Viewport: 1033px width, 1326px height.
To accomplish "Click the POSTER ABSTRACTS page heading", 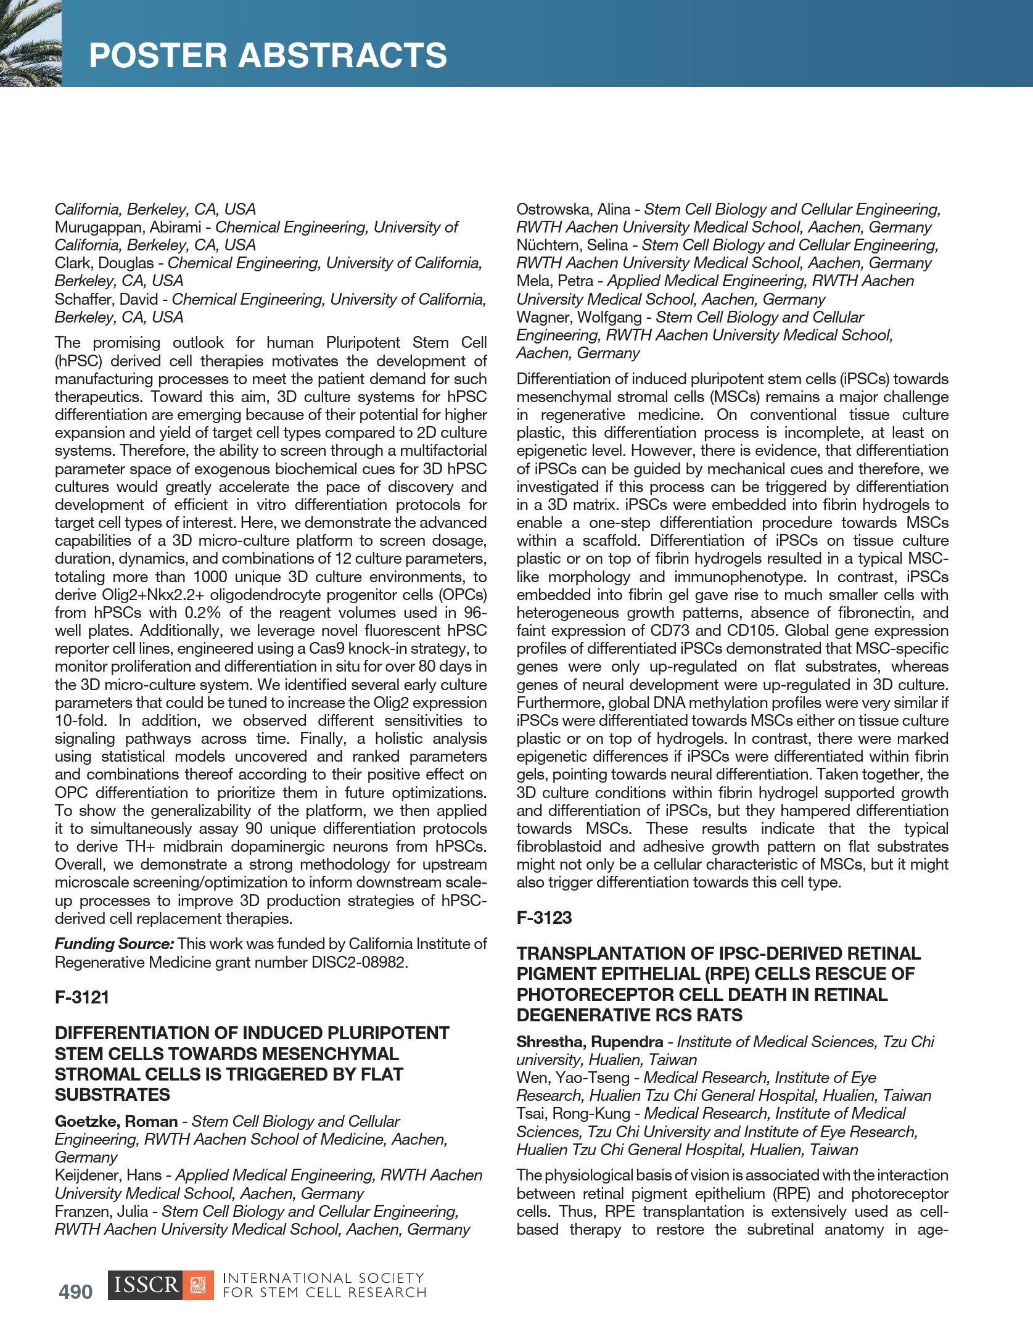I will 268,56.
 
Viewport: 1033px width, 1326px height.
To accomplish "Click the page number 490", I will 75,1291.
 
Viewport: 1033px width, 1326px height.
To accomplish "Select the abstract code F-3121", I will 82,997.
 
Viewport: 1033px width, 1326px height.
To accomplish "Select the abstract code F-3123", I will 544,918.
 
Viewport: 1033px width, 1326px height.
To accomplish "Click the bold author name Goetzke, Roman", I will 116,1121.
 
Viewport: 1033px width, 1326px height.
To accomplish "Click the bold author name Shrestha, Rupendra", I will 590,1042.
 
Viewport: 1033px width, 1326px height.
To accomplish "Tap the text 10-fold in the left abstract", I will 81,720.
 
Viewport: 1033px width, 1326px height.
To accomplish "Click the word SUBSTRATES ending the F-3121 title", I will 112,1095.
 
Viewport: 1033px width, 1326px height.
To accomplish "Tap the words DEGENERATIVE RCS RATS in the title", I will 629,1015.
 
